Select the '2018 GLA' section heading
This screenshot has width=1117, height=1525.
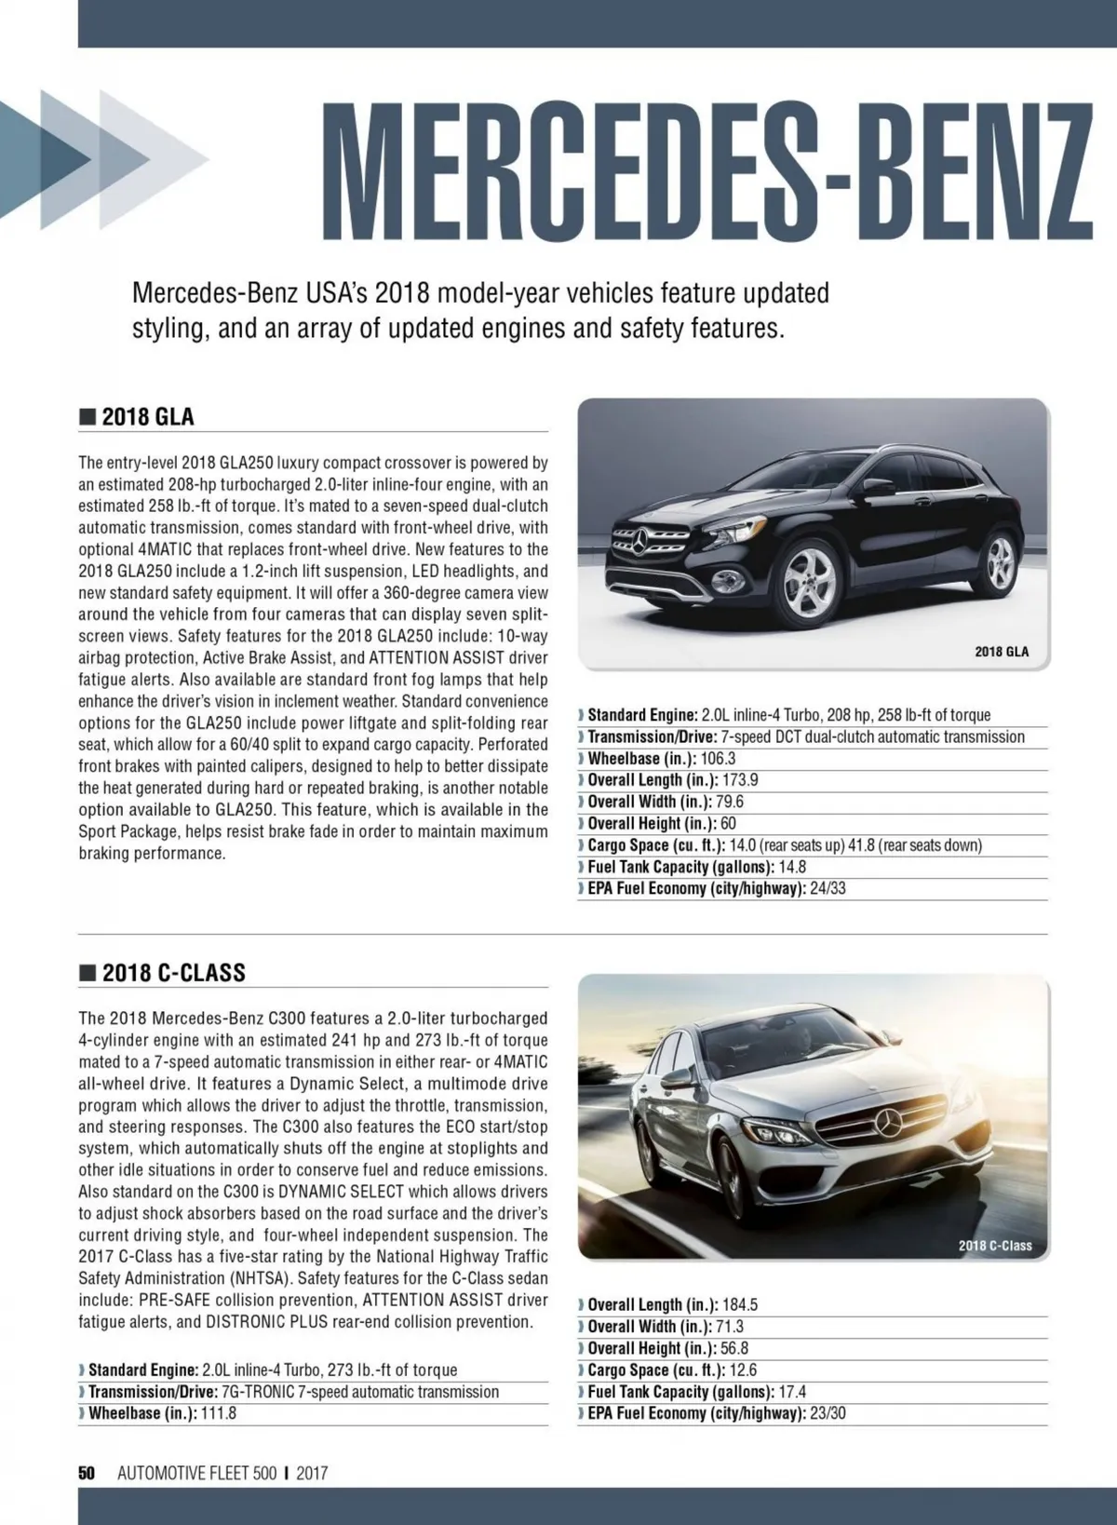point(148,416)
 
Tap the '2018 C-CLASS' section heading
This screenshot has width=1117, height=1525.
point(173,973)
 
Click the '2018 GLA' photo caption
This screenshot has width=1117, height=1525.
point(1002,652)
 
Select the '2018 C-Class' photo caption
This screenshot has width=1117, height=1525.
point(995,1245)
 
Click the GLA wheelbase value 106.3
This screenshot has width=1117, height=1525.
point(718,759)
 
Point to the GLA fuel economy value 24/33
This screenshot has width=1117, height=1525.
point(828,888)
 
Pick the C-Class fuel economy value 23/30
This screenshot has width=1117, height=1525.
point(828,1413)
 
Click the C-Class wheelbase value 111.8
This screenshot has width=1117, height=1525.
point(219,1413)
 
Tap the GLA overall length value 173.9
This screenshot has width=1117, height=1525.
point(740,780)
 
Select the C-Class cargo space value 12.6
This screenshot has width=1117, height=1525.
point(743,1370)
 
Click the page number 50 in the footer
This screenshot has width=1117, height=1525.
point(87,1473)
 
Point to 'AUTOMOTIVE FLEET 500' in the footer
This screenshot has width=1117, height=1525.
point(197,1473)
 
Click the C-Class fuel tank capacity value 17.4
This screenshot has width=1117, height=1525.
point(792,1392)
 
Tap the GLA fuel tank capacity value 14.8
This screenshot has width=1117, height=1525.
point(792,867)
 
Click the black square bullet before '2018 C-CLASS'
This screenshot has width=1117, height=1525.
point(87,974)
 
